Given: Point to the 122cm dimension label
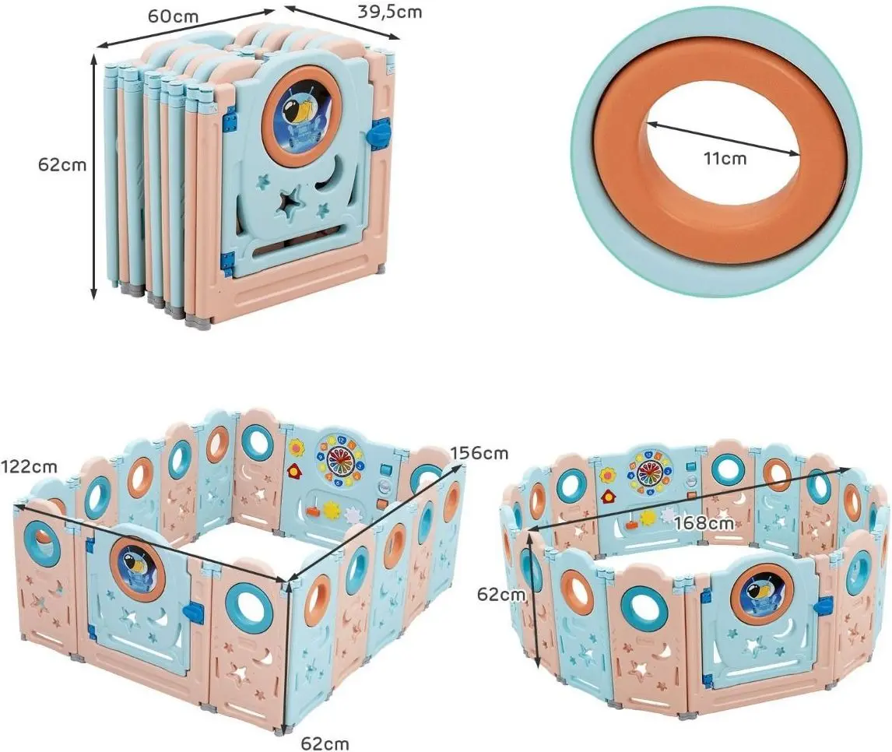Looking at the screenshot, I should coord(29,467).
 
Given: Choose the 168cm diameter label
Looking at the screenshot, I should coord(704,522).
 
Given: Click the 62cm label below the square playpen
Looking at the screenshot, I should coord(325,742).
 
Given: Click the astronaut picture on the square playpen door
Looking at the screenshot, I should coord(135,567).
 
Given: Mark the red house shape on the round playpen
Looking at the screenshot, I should coord(609,495).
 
